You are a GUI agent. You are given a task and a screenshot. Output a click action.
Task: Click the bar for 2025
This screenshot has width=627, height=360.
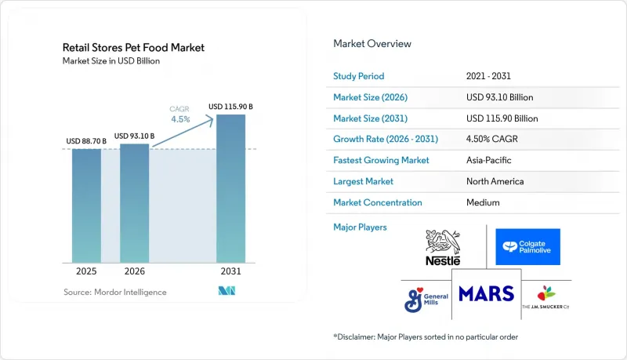(x=86, y=205)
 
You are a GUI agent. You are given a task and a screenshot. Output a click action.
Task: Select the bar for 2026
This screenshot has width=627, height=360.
(x=134, y=203)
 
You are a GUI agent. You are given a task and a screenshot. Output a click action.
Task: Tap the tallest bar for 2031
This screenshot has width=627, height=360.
(x=230, y=188)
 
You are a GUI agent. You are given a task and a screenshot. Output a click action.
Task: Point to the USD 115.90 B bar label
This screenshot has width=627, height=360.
(x=230, y=107)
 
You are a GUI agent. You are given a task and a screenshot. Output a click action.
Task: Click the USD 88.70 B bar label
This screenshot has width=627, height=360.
(x=86, y=141)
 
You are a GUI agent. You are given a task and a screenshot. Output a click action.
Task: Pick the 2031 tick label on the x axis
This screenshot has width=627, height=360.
(x=230, y=271)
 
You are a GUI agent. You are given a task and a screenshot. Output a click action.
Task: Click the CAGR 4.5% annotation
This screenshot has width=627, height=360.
(x=180, y=115)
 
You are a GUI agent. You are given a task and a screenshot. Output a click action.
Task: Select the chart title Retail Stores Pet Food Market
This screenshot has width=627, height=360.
(x=133, y=48)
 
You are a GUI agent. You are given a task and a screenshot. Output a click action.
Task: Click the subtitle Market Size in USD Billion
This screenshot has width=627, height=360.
(x=111, y=61)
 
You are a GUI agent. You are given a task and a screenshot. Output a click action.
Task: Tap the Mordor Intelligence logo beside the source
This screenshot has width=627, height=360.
(x=227, y=291)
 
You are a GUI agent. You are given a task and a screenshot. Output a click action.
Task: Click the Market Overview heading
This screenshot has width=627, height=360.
(x=372, y=44)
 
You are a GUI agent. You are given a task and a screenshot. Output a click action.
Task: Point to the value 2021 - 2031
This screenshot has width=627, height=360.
(x=488, y=76)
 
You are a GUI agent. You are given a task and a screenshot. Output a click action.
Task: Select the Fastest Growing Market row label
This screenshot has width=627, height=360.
(x=381, y=160)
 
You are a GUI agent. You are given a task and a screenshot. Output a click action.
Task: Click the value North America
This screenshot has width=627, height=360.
(x=495, y=181)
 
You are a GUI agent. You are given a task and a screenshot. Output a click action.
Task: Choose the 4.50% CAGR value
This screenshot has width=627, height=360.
(x=492, y=139)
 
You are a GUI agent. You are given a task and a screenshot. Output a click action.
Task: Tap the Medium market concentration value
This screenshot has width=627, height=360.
(x=483, y=202)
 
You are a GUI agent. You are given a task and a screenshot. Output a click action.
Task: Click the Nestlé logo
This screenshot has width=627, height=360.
(x=443, y=248)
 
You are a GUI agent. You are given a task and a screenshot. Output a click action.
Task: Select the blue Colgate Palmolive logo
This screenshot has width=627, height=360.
(x=527, y=247)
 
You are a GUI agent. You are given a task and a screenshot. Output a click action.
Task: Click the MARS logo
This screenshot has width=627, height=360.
(x=486, y=294)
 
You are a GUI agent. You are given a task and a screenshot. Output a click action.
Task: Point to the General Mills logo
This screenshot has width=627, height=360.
(x=426, y=300)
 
